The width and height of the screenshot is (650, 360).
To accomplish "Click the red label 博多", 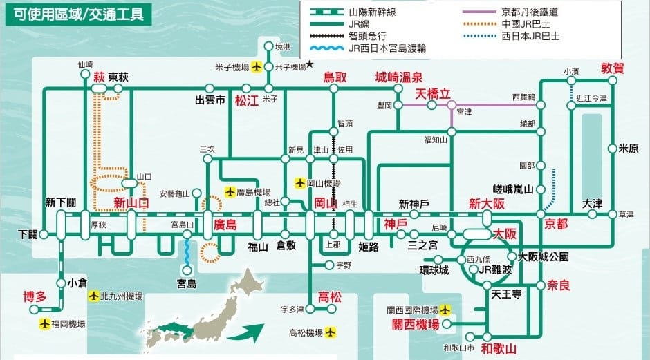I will click(35, 297).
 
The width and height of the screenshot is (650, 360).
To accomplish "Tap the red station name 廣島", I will click(225, 225).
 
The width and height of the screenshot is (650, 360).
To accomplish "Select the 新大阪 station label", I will click(486, 204).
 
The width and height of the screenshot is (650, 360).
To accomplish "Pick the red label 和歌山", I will click(499, 348).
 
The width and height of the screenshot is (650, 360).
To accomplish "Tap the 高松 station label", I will click(329, 297).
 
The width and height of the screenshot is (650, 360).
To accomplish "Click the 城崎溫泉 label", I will click(399, 77).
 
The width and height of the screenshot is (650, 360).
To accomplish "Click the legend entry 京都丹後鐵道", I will click(530, 12).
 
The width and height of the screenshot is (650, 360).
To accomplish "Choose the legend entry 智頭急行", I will click(367, 36).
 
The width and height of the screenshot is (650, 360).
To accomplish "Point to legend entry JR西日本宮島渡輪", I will click(387, 48).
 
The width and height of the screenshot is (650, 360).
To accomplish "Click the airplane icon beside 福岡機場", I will click(46, 323).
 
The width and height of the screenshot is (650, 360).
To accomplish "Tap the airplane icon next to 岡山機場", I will click(300, 184).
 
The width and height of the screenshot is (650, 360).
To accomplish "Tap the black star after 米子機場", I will click(310, 65).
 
